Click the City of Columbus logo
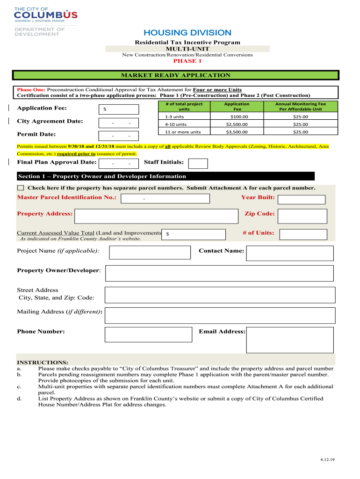pyautogui.click(x=46, y=15)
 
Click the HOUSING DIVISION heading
pyautogui.click(x=187, y=33)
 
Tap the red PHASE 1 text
pyautogui.click(x=187, y=61)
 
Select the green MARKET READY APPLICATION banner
pyautogui.click(x=175, y=75)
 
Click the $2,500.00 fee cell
pyautogui.click(x=237, y=124)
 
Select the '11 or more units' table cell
pyautogui.click(x=182, y=132)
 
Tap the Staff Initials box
pyautogui.click(x=198, y=163)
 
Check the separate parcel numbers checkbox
pyautogui.click(x=20, y=188)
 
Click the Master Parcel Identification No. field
pyautogui.click(x=165, y=199)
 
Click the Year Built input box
pyautogui.click(x=302, y=200)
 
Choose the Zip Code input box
pyautogui.click(x=302, y=216)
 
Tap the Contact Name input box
pyautogui.click(x=289, y=253)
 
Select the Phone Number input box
pyautogui.click(x=148, y=334)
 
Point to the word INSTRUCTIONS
pyautogui.click(x=43, y=363)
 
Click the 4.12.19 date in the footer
pyautogui.click(x=328, y=460)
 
